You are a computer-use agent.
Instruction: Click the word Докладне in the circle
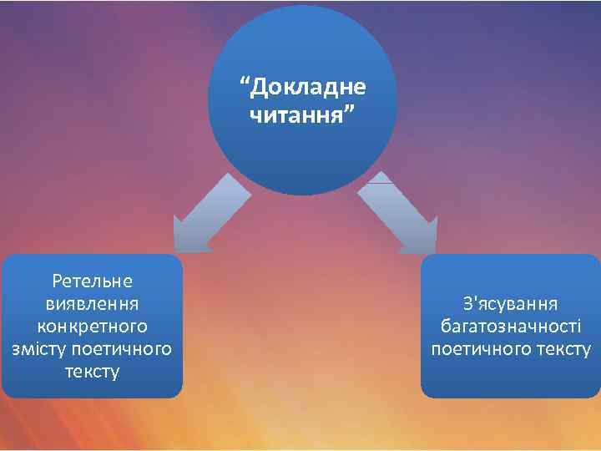310,87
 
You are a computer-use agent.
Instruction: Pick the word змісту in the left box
38,347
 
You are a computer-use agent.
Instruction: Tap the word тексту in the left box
92,369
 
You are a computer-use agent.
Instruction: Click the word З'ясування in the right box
511,303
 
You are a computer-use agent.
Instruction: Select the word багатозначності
511,326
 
